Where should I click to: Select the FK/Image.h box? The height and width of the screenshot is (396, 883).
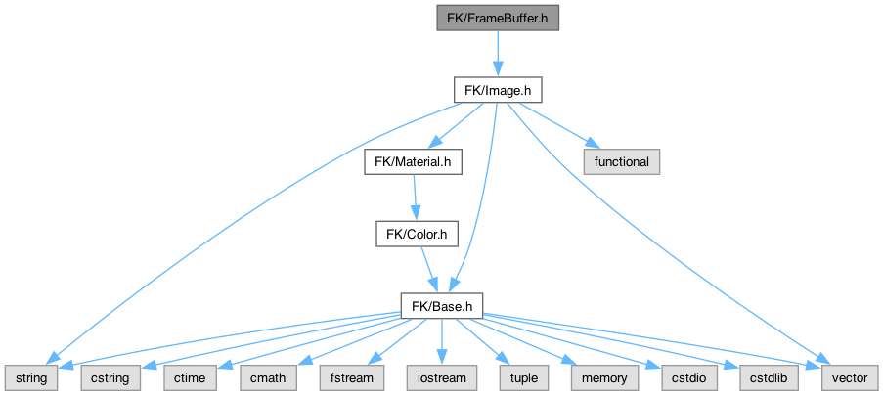[497, 89]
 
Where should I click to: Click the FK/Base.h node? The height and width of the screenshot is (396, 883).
[443, 306]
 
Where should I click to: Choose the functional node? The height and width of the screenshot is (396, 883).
[622, 161]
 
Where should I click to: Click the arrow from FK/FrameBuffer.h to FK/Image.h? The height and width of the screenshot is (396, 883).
[497, 53]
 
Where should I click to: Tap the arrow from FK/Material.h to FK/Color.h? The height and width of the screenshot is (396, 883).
[415, 198]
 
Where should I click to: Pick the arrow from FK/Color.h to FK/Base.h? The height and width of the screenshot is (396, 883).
[428, 270]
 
